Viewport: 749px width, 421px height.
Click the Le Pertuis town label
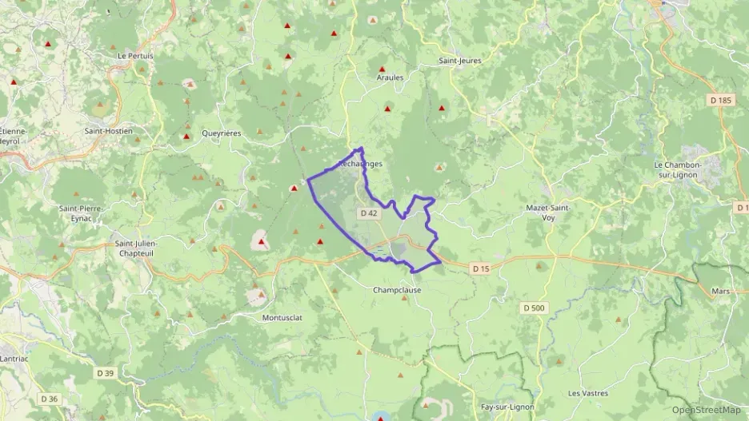[134, 56]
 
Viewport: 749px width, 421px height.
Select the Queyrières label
[221, 133]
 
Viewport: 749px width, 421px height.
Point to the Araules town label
[390, 77]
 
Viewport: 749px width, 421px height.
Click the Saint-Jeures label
[459, 60]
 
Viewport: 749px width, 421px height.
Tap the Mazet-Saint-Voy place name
[548, 212]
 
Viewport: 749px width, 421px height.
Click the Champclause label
[397, 290]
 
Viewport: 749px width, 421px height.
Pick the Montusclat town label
[282, 317]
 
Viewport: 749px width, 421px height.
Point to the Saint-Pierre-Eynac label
[80, 212]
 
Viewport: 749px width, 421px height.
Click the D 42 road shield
[368, 213]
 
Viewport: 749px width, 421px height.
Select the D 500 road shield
[534, 308]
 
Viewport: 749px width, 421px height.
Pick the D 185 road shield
[720, 101]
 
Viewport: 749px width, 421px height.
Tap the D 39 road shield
[106, 373]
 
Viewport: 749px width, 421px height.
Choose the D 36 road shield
[49, 399]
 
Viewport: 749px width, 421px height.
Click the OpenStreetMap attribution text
[706, 411]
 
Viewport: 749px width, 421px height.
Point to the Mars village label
[720, 292]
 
